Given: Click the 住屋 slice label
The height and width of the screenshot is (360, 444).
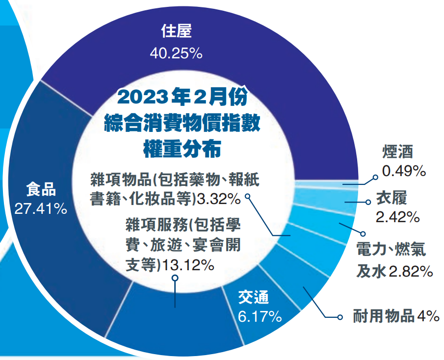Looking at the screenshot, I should [x=176, y=31].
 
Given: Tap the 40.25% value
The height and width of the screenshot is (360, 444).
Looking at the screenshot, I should [x=176, y=53].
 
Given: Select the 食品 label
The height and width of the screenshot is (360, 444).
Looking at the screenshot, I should [x=41, y=188].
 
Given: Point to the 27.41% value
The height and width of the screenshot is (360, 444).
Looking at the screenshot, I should [x=41, y=208].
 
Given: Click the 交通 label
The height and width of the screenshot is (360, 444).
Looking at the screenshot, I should [x=254, y=297].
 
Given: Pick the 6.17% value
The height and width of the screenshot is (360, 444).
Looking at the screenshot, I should [x=260, y=316].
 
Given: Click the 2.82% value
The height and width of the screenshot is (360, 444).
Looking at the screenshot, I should [x=410, y=271].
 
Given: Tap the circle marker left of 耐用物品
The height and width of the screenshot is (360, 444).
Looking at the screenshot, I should [x=340, y=317].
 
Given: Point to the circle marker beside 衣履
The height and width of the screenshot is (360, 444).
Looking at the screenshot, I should [x=368, y=202].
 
